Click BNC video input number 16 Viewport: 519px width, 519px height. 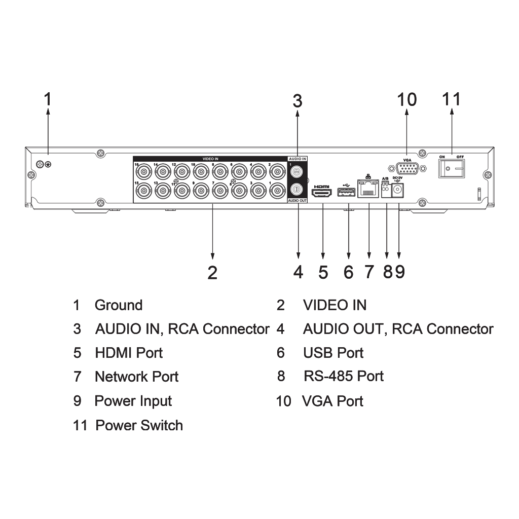(143, 172)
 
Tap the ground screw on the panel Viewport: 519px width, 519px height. (48, 164)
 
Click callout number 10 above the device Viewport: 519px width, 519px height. (407, 99)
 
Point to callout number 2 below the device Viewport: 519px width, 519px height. (212, 273)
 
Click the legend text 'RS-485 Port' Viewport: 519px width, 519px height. (344, 376)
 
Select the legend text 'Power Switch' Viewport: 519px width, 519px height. (139, 425)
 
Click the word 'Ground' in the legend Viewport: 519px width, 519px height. (119, 305)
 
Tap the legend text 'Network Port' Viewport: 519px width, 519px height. (136, 377)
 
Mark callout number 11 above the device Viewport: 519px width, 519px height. (452, 99)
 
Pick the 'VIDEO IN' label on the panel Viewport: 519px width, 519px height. (210, 159)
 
